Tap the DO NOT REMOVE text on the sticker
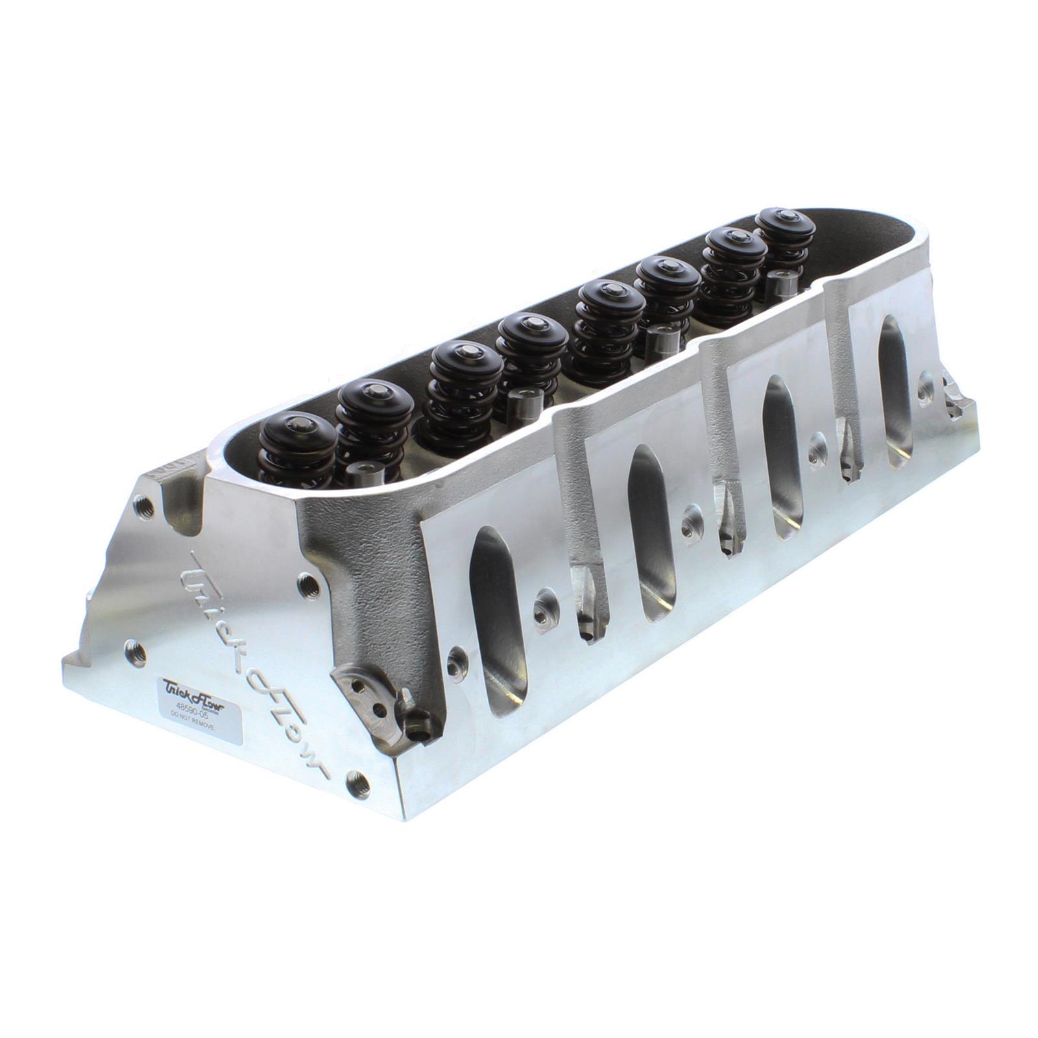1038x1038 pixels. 192,730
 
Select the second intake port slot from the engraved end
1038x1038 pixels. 649,532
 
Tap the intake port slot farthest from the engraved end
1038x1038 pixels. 895,392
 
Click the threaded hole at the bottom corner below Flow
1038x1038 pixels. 357,786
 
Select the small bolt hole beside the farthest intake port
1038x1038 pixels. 924,389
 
